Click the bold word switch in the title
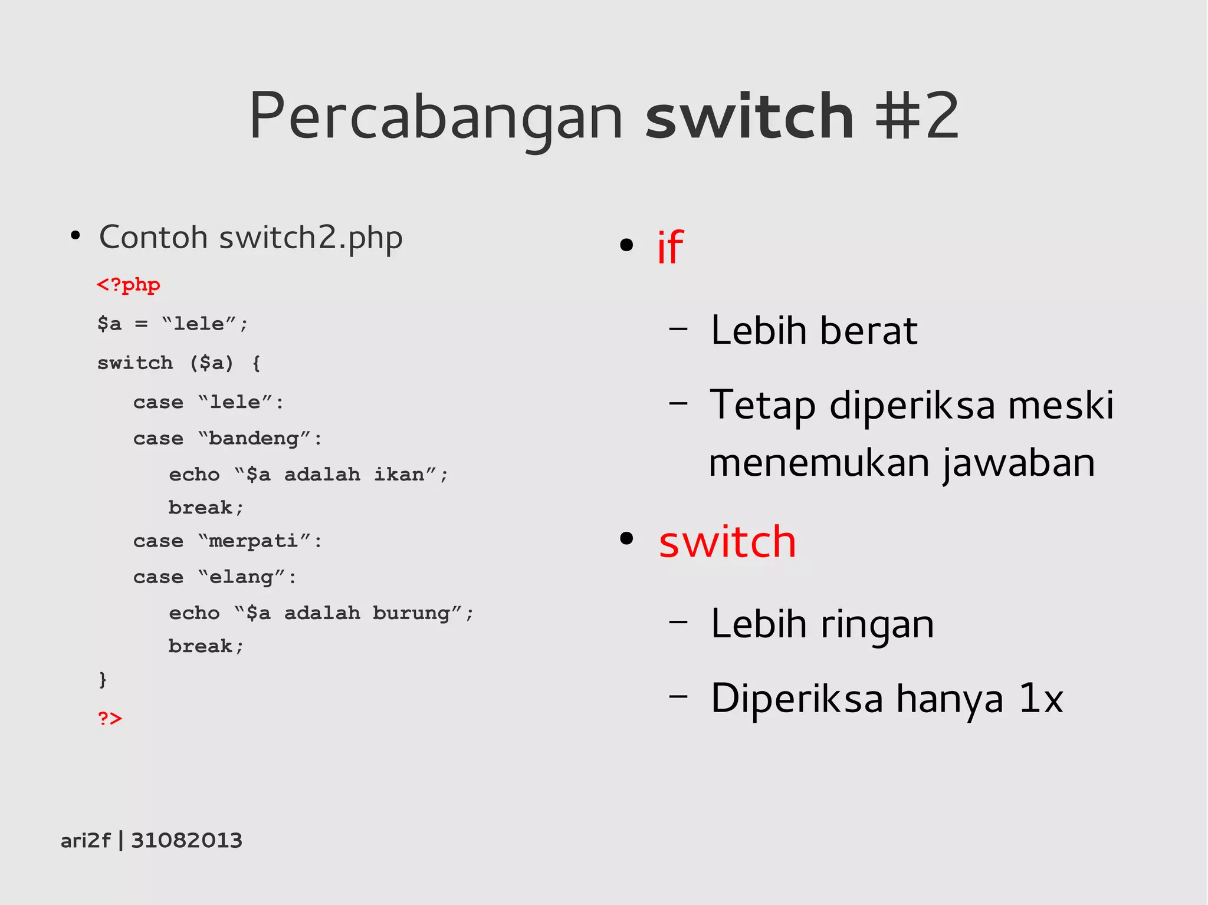point(749,116)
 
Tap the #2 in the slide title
point(917,116)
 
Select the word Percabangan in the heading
point(436,116)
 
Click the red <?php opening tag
point(129,285)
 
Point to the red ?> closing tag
point(110,718)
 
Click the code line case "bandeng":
point(228,439)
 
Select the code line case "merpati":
point(228,541)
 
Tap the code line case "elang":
point(215,577)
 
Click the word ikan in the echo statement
point(399,475)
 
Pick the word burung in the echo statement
point(411,613)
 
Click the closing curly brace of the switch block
point(103,680)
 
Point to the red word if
point(670,248)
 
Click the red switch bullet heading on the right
point(727,541)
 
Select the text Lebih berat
point(814,330)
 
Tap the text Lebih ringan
point(822,624)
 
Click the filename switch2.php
point(311,238)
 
